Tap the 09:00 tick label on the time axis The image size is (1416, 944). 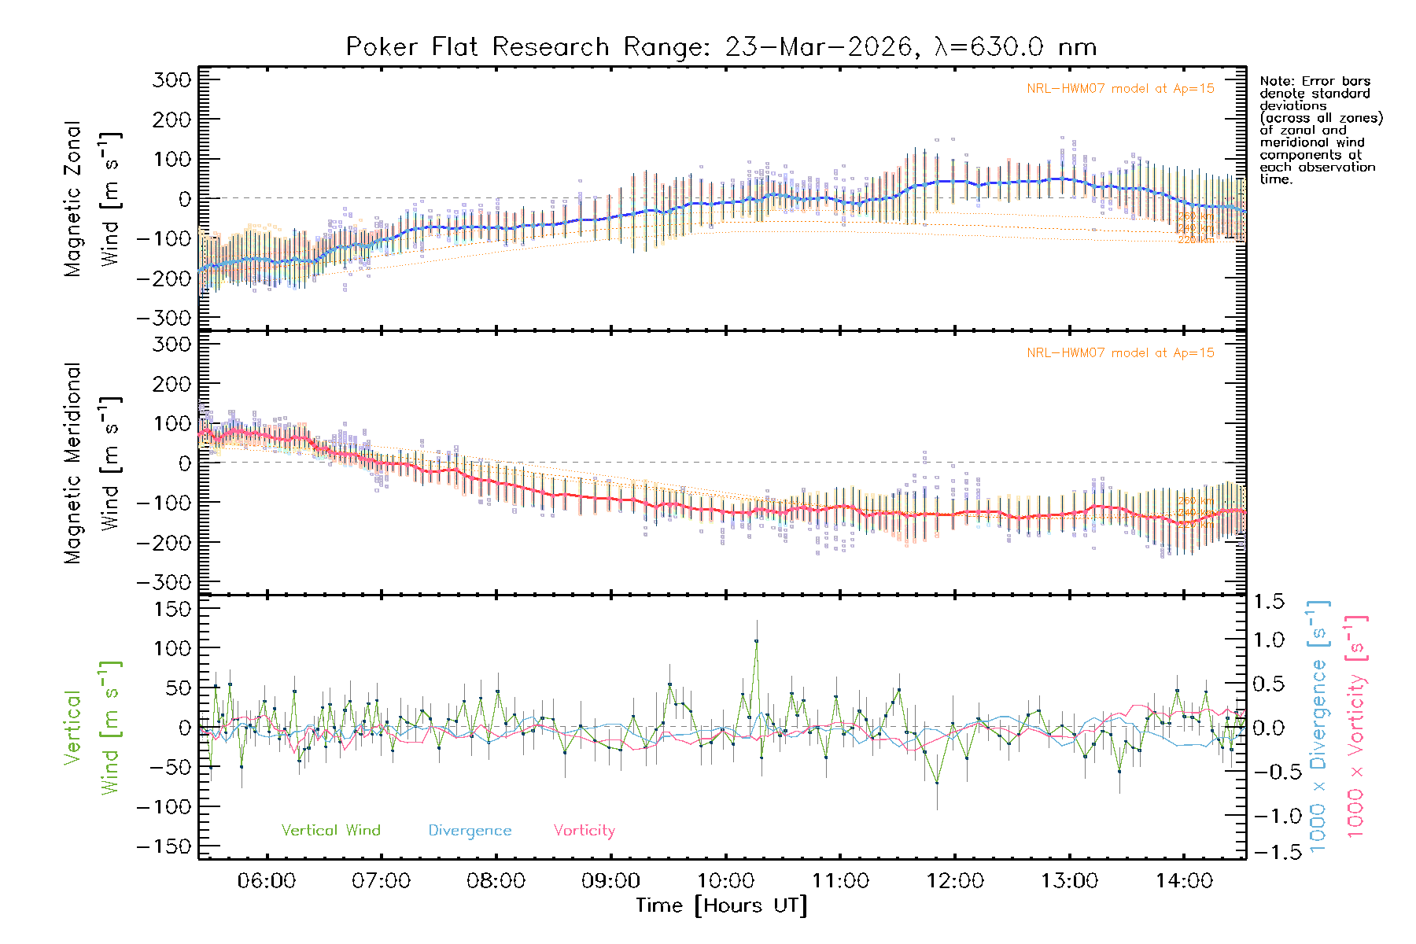click(x=610, y=881)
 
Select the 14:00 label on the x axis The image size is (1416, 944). click(x=1184, y=881)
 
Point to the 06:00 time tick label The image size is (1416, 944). click(x=267, y=881)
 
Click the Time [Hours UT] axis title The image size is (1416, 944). click(x=721, y=905)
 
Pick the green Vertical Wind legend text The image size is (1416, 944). click(x=330, y=831)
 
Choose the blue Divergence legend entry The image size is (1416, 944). click(x=470, y=831)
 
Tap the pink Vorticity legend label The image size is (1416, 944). click(x=584, y=831)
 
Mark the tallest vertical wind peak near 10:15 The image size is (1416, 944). click(x=757, y=641)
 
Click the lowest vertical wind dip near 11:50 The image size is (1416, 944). click(x=937, y=783)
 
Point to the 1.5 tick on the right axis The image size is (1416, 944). click(x=1269, y=602)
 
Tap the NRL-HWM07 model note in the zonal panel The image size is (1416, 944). click(x=1120, y=89)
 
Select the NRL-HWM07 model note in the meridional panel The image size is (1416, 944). click(x=1120, y=353)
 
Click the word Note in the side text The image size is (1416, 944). click(x=1275, y=81)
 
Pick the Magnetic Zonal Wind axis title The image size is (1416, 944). click(x=93, y=198)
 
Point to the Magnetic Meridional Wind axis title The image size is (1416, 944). click(x=93, y=463)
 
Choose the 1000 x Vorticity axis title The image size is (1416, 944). click(x=1356, y=725)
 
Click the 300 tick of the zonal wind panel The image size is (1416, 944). click(x=171, y=79)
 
